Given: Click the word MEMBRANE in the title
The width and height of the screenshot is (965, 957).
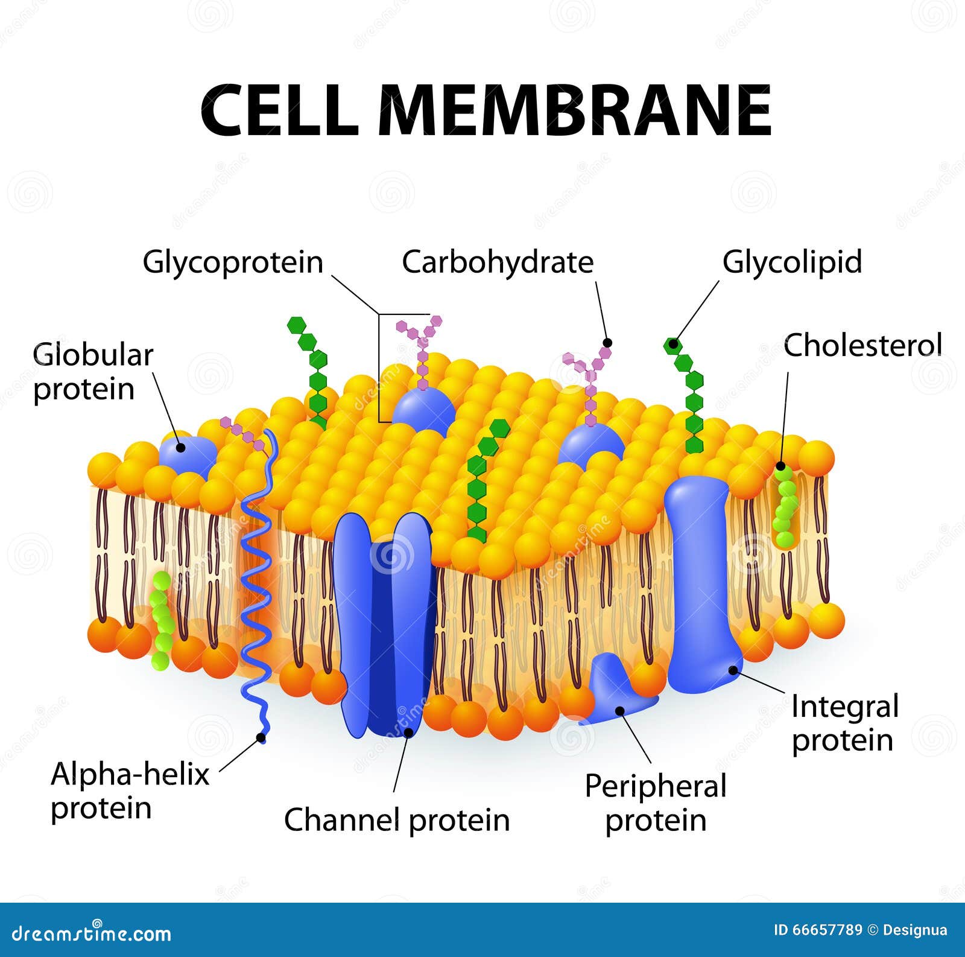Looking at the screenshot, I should [574, 111].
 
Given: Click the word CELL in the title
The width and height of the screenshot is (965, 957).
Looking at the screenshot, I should [279, 111].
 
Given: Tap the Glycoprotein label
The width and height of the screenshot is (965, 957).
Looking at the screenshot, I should [233, 262].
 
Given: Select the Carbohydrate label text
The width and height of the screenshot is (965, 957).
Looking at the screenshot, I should [498, 262].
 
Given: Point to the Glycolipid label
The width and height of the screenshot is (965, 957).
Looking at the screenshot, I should [792, 262].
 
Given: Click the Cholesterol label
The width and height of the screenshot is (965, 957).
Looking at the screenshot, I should [862, 346].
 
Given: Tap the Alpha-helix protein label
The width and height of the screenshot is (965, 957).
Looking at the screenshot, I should [129, 790].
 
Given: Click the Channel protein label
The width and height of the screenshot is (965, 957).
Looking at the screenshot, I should [397, 820].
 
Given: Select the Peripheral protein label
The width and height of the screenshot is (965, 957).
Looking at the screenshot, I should [656, 803].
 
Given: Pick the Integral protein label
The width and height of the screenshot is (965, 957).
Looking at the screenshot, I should [844, 723].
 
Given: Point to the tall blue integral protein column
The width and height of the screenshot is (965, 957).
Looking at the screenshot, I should [700, 579].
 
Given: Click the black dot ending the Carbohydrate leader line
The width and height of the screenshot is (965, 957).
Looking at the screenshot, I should [607, 343].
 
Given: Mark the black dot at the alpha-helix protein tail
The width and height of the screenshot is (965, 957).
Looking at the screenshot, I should [261, 737].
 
